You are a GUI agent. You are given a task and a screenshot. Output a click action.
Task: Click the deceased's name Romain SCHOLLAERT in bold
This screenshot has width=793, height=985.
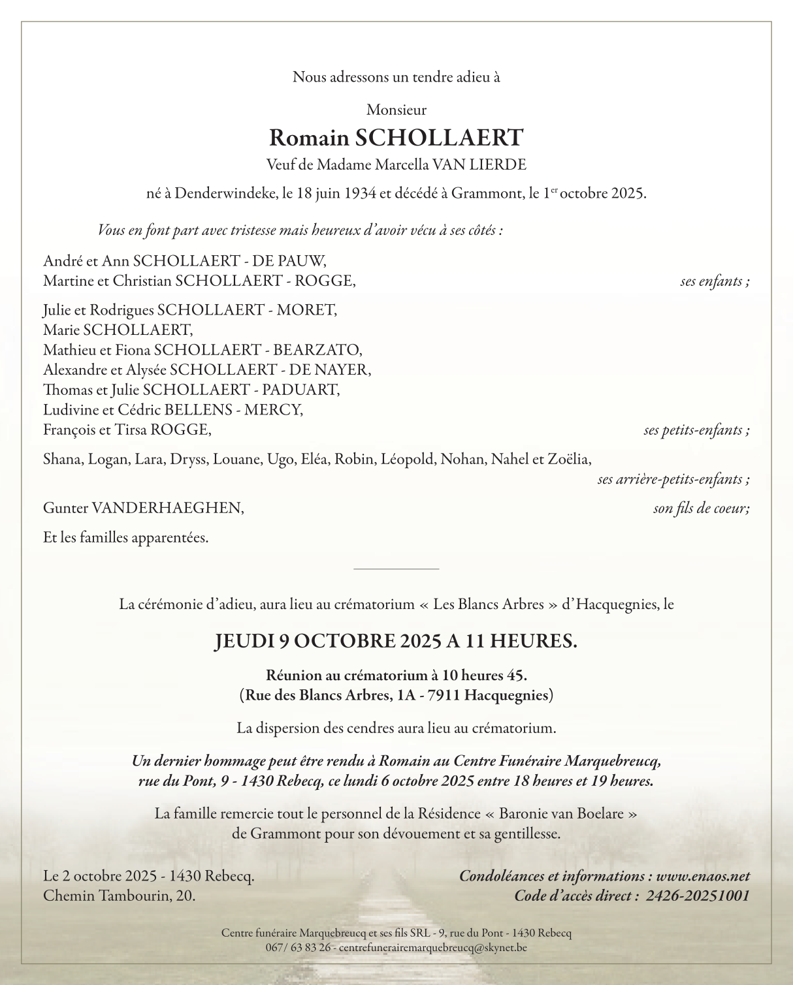click(396, 138)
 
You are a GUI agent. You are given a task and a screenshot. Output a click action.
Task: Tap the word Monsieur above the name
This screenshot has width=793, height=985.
click(396, 110)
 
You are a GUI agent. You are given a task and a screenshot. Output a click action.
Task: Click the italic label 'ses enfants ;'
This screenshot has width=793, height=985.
click(715, 281)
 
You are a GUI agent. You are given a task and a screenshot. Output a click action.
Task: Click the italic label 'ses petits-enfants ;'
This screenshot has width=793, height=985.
click(696, 430)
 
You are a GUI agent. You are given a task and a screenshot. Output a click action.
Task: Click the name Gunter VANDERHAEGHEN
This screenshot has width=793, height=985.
click(144, 508)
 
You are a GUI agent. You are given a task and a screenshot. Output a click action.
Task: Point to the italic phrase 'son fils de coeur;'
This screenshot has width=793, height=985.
click(701, 508)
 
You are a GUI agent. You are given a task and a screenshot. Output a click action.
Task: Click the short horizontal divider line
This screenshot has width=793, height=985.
click(396, 569)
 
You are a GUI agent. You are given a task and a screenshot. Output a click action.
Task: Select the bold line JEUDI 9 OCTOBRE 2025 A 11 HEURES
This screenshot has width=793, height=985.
click(396, 641)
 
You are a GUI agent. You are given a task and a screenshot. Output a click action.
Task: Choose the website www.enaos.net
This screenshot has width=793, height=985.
click(703, 876)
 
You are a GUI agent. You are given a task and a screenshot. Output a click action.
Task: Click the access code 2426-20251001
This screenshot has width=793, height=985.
click(698, 896)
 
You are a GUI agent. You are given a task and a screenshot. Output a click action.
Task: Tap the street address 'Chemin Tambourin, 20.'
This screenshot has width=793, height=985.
click(119, 896)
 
